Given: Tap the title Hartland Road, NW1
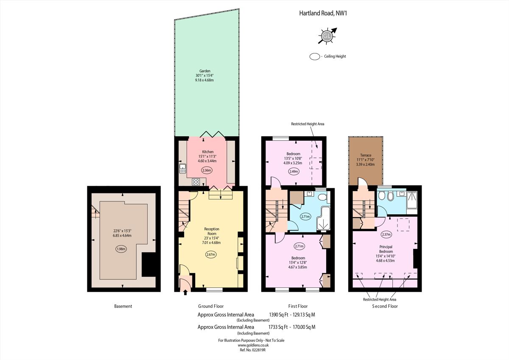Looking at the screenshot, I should (x=323, y=14).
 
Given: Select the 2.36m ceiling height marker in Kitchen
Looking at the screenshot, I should (x=207, y=170).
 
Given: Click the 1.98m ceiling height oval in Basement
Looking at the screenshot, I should (x=121, y=249).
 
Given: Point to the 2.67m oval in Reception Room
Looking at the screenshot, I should (x=210, y=254).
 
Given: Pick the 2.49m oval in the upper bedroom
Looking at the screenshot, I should (x=293, y=171).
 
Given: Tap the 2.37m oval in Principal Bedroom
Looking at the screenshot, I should (x=386, y=234).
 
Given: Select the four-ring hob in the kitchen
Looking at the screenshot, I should (x=196, y=182).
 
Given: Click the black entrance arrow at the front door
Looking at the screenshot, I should (x=185, y=291).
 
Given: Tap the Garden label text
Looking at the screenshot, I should (x=205, y=71).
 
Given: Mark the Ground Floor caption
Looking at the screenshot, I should (x=211, y=306).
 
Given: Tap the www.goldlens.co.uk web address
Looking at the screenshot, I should (x=251, y=345).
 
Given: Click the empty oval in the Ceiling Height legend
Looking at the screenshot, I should (x=315, y=56).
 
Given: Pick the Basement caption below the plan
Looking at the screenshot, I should (x=123, y=306).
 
